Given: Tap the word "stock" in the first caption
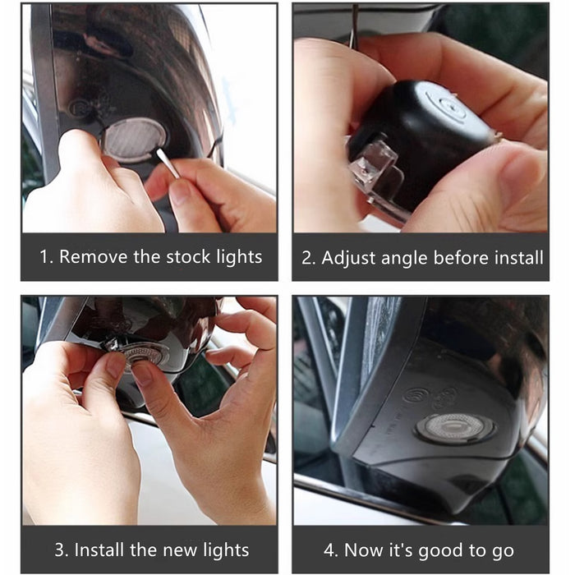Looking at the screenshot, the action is click(188, 256).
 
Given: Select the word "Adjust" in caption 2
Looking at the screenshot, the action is click(349, 258).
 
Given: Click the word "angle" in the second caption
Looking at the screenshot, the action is click(405, 259).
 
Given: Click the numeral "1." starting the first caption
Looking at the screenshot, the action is click(46, 256).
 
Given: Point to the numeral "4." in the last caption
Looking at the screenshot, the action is click(332, 550).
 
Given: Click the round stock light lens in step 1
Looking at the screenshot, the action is click(133, 140).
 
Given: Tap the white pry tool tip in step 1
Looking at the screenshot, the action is click(160, 154).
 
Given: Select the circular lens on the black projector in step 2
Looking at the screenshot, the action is click(449, 104).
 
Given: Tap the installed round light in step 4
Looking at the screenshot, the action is click(455, 428).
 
